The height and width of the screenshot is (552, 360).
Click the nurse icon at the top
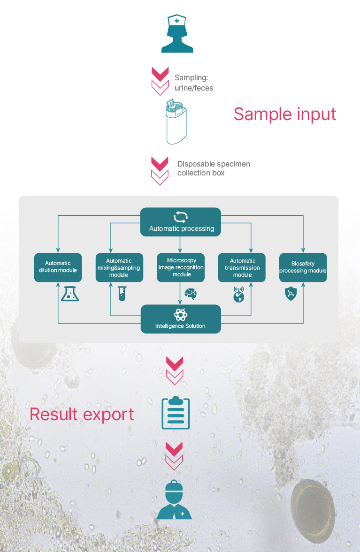point(177,34)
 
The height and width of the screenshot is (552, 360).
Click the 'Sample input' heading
point(285,114)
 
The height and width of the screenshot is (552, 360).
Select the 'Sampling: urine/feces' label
point(194,83)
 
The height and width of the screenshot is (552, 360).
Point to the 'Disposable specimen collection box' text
point(214,168)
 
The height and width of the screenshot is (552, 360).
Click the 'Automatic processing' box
point(181,222)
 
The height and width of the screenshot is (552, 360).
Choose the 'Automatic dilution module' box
point(58,267)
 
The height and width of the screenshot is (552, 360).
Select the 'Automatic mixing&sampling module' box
point(119,267)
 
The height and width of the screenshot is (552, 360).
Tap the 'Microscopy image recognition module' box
point(181,267)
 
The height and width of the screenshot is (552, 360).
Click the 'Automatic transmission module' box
point(242,267)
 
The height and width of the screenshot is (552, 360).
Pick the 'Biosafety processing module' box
point(303,267)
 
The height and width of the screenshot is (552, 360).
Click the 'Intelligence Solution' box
point(181,319)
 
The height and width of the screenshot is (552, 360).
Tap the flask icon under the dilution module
point(70,293)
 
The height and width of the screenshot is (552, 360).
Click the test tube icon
point(122,294)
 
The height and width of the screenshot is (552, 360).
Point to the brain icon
point(191,294)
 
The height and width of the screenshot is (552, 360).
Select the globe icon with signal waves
point(239,295)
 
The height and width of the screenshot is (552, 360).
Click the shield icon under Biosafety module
point(290,294)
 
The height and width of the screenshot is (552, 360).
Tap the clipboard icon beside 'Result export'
point(176,413)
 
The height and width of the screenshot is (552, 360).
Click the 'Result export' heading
point(82,414)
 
